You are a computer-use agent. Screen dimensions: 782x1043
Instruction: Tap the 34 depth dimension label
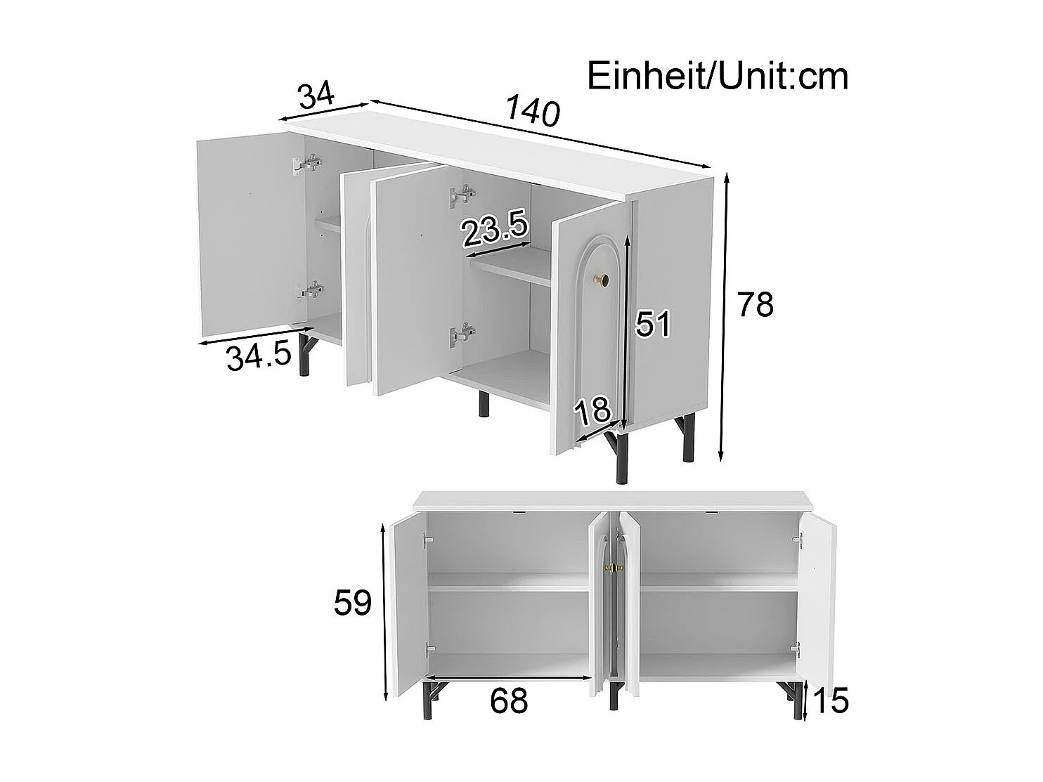pyautogui.click(x=315, y=95)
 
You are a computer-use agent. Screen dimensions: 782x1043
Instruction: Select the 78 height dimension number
pyautogui.click(x=755, y=305)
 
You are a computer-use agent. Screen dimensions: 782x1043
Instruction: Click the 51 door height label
pyautogui.click(x=653, y=324)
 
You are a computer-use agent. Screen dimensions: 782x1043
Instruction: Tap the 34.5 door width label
pyautogui.click(x=259, y=358)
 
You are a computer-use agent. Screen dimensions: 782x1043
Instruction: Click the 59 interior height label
pyautogui.click(x=352, y=602)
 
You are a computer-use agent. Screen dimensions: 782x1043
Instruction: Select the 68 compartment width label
pyautogui.click(x=509, y=700)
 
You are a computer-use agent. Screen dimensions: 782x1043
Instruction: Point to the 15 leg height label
pyautogui.click(x=830, y=700)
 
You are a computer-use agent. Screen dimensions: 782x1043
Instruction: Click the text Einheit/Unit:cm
pyautogui.click(x=718, y=76)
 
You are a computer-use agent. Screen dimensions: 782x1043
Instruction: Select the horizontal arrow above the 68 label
pyautogui.click(x=510, y=679)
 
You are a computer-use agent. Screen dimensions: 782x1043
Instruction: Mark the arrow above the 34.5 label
pyautogui.click(x=254, y=336)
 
